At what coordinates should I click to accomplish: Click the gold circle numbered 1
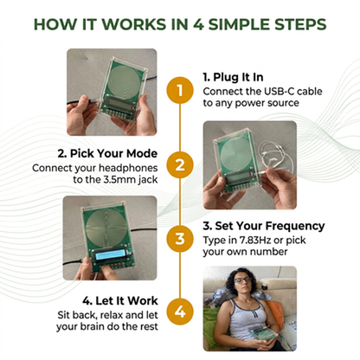point(180,90)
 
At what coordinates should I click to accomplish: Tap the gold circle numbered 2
point(180,165)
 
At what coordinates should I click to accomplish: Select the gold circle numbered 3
point(180,239)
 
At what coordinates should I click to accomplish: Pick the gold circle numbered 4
point(180,312)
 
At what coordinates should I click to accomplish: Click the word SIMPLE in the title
point(239,24)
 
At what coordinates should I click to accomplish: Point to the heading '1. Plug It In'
point(233,77)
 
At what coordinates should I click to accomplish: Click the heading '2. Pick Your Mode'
point(107,153)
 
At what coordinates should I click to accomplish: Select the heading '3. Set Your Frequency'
point(264,226)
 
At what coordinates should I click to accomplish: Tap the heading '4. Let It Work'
point(120,301)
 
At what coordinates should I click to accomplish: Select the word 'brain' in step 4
point(90,327)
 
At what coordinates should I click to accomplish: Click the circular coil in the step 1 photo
point(125,80)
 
